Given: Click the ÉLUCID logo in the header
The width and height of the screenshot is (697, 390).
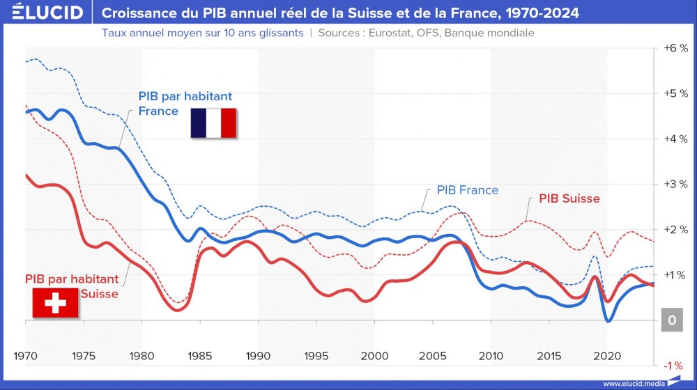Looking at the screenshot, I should pos(43,13).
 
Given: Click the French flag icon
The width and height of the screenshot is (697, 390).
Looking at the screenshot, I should pos(214,123).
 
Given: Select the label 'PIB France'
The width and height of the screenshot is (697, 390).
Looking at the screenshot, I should pos(468,190).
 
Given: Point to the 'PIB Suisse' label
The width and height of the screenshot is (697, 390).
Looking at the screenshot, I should pos(569,198).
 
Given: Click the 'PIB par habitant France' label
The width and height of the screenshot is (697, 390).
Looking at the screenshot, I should pos(185,103).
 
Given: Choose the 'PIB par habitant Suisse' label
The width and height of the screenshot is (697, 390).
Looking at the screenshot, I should pos(72,286).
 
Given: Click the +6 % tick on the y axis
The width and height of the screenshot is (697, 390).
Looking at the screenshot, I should pos(675,48).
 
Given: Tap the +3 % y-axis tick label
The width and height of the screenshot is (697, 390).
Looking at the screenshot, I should pos(675,184).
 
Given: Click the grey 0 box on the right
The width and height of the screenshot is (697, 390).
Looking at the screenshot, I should pos(672,320).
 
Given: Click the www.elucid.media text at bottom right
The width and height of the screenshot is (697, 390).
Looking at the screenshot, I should pos(632,383).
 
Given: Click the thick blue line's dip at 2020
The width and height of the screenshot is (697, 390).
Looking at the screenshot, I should pos(608,320).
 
